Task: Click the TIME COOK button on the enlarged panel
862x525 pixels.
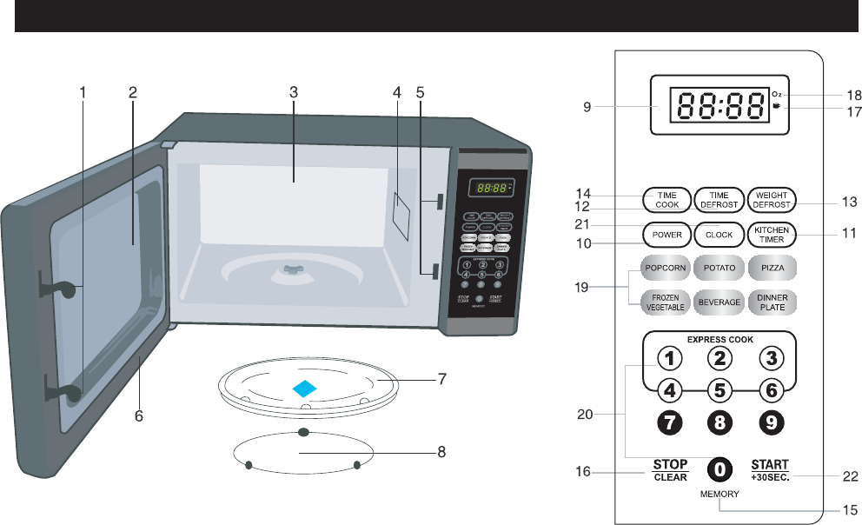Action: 666,199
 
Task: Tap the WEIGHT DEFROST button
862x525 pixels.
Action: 771,199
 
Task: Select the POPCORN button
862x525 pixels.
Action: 666,267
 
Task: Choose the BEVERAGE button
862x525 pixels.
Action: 719,302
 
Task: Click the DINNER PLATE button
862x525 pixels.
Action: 771,302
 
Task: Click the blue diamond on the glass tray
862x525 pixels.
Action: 304,389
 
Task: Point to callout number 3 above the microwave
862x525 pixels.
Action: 294,90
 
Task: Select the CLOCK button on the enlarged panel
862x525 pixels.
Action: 719,234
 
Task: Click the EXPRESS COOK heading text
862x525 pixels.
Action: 719,339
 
